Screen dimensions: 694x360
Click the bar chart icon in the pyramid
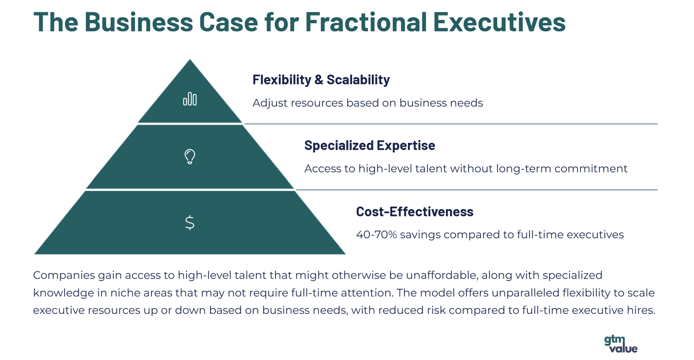click(190, 99)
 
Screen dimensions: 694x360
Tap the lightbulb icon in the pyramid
click(190, 157)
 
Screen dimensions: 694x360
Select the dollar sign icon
click(190, 223)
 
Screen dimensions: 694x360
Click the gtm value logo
click(621, 344)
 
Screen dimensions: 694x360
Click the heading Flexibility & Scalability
click(321, 80)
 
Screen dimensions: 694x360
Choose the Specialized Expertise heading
click(370, 145)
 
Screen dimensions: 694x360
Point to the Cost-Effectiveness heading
click(415, 211)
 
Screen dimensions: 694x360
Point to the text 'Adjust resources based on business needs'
click(368, 103)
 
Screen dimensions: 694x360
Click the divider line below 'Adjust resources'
click(451, 124)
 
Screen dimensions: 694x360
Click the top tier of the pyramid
click(190, 98)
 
